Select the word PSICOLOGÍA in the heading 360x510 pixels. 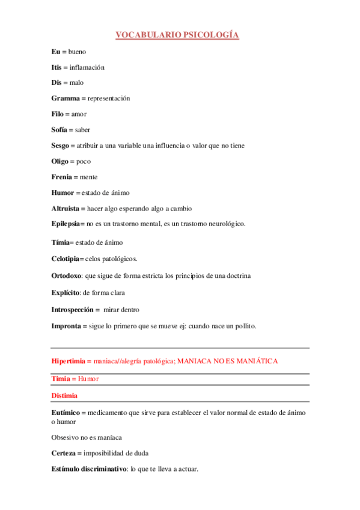point(212,35)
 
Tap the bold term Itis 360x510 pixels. point(56,67)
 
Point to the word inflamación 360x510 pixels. point(87,67)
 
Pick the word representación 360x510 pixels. point(109,98)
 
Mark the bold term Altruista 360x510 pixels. point(67,208)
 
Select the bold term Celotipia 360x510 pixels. point(66,259)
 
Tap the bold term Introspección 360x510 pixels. point(72,310)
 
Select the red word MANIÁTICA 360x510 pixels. point(254,361)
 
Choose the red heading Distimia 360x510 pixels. point(64,396)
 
